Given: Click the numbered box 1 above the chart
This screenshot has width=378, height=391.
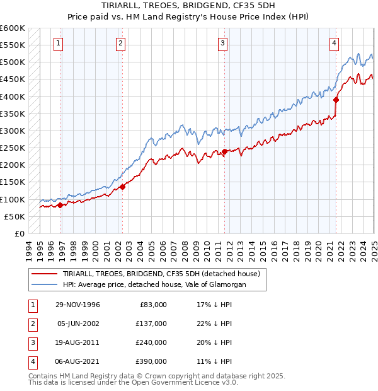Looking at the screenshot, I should click(x=58, y=44).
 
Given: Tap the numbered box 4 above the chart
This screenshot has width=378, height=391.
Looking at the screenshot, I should click(x=333, y=44).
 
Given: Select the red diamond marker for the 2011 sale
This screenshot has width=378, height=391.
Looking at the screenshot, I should click(x=224, y=151).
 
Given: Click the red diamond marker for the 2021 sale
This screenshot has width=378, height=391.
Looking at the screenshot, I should click(x=336, y=100).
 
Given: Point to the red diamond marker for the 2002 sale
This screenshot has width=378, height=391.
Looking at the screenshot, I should click(x=123, y=187).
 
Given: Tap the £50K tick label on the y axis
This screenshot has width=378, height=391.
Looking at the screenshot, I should click(x=14, y=216).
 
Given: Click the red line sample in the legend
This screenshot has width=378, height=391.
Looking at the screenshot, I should click(x=45, y=273).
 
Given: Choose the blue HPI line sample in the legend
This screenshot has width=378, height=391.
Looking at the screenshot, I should click(x=45, y=284).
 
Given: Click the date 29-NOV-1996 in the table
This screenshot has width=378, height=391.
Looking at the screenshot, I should click(x=78, y=305).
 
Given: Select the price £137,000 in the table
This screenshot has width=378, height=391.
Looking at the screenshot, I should click(x=152, y=324).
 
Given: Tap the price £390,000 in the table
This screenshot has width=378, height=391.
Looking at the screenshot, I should click(x=152, y=361).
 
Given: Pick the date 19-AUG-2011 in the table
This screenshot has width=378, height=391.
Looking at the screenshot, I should click(x=78, y=342).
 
